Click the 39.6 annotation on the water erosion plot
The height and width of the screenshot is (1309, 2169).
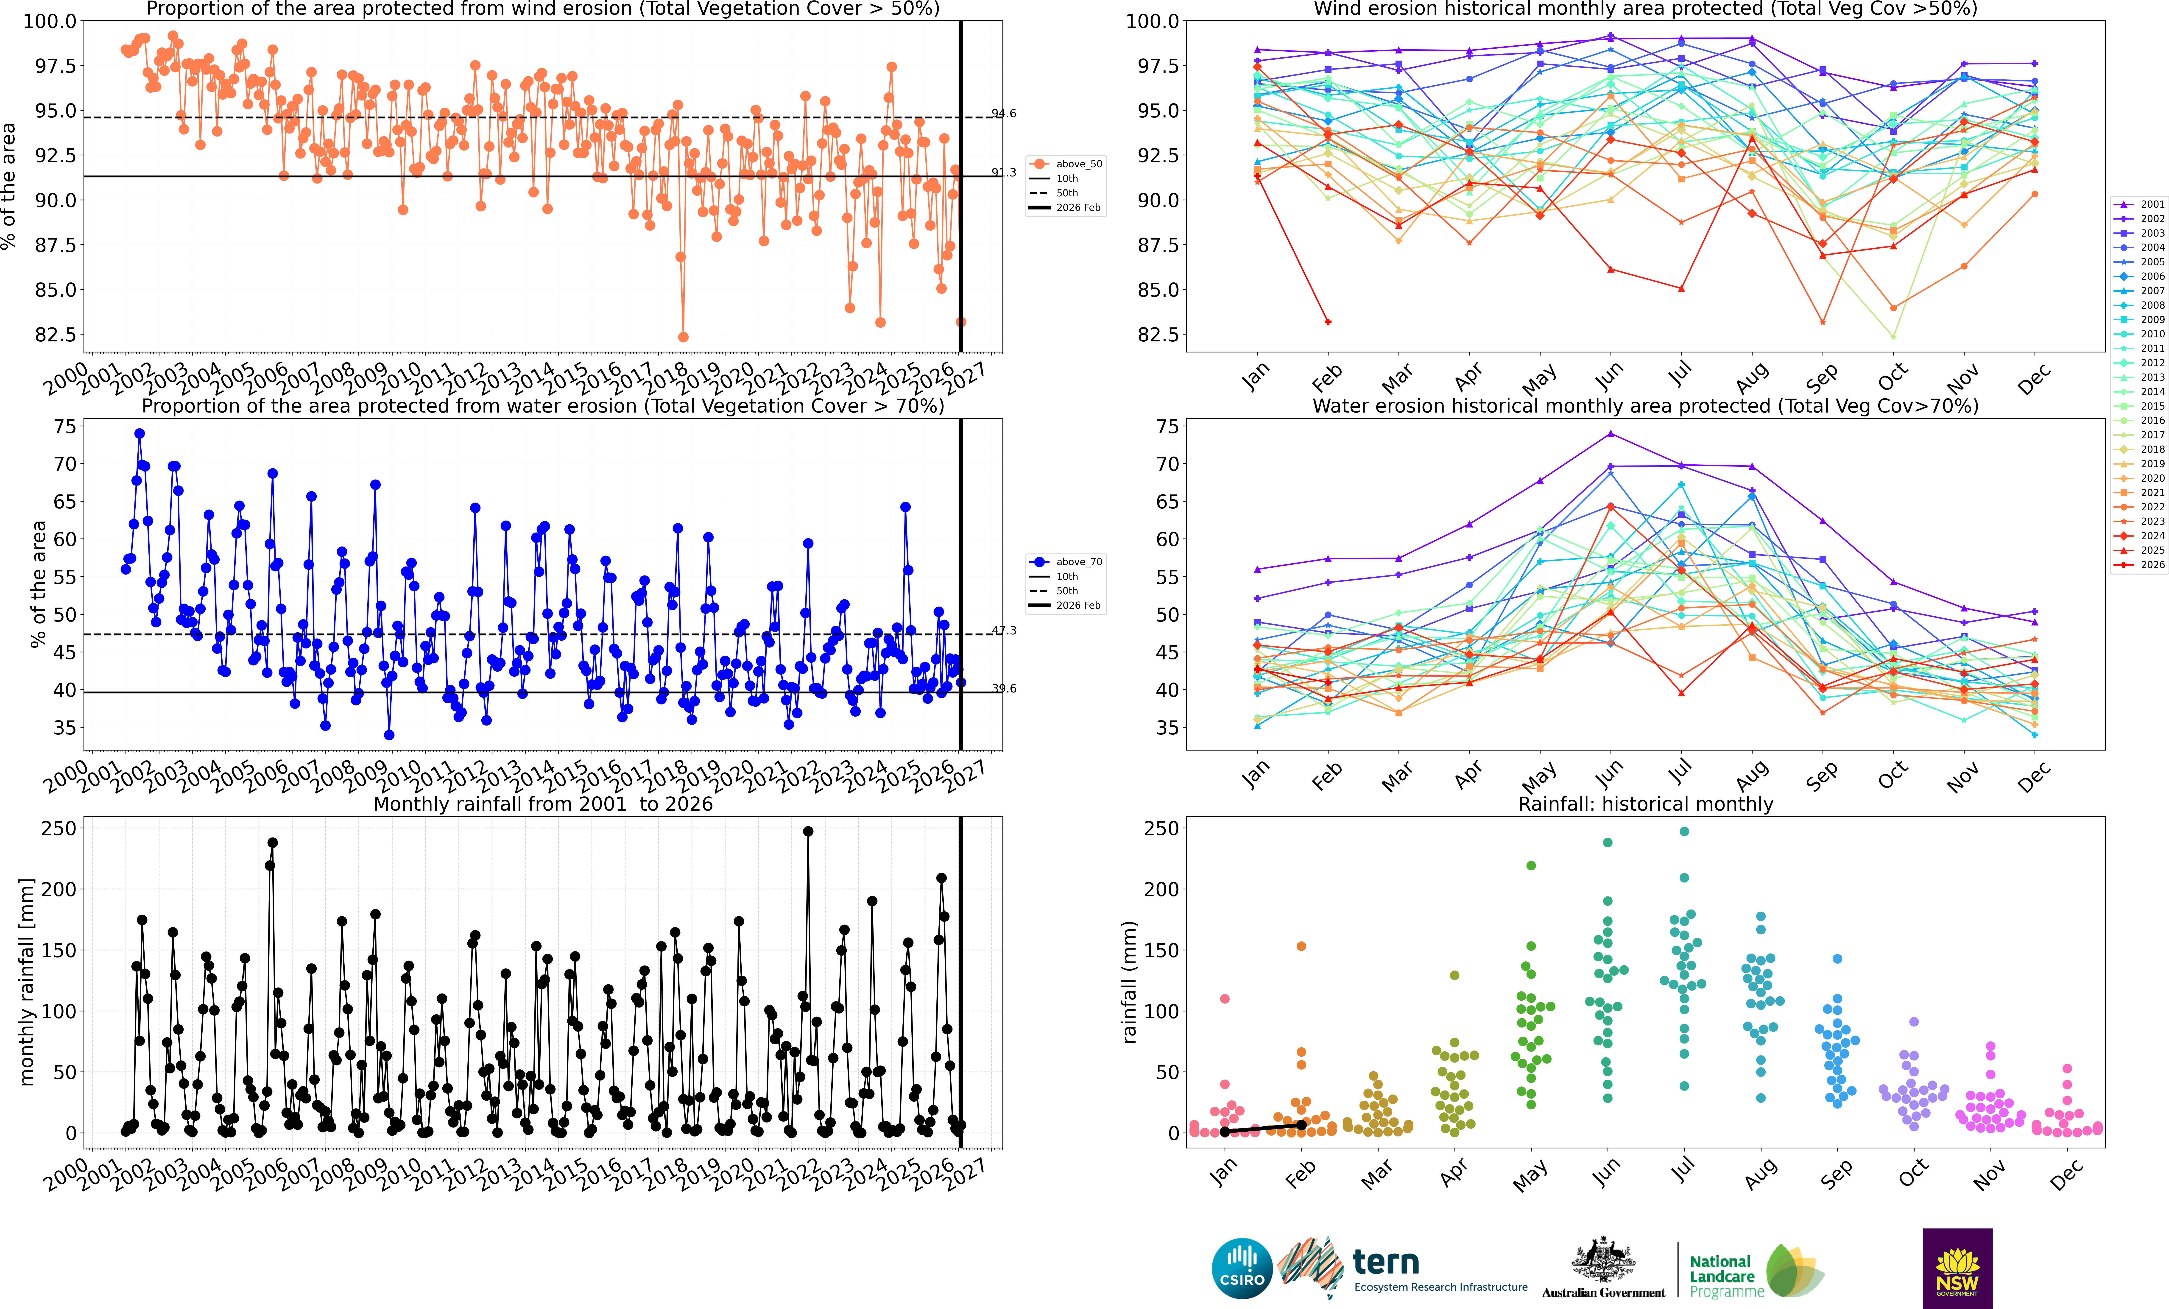[x=1004, y=688]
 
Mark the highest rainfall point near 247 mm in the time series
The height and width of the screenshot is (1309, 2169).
[x=808, y=831]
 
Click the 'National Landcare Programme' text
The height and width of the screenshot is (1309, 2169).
[x=1726, y=1276]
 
